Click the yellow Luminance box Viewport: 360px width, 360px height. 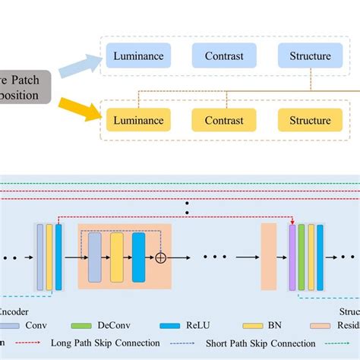138,120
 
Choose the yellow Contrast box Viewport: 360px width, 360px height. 223,120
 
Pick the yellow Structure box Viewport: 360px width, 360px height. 309,120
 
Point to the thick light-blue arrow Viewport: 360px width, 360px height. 81,65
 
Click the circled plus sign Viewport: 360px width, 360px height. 160,257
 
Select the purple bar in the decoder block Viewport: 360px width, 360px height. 292,257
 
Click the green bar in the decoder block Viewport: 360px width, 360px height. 302,257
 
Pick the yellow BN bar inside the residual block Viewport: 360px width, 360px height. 116,257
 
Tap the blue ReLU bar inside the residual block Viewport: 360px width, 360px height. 138,257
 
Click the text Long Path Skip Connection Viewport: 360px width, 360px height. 105,343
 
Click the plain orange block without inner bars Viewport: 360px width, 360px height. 268,257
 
